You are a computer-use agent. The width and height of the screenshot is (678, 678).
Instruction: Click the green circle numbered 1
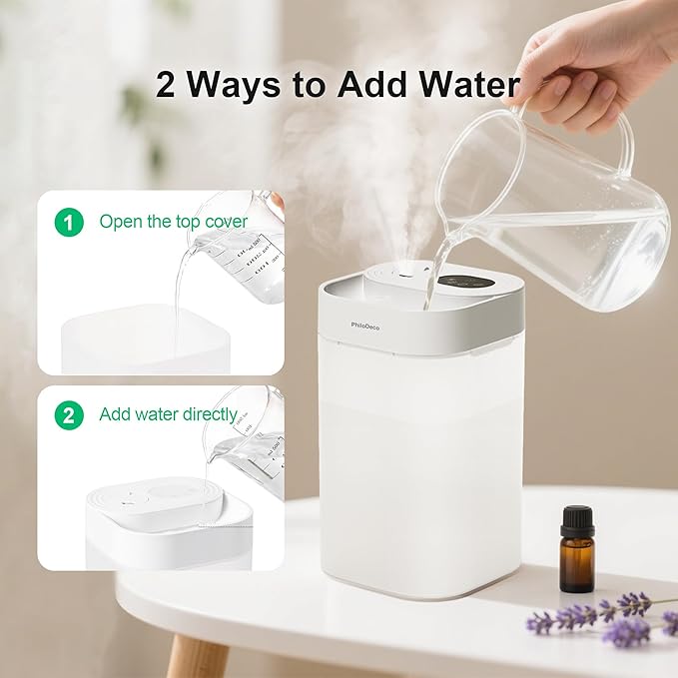coord(69,222)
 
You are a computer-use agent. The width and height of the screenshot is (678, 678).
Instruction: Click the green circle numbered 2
coord(69,415)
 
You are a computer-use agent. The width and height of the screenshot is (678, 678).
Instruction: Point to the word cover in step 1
coord(226,222)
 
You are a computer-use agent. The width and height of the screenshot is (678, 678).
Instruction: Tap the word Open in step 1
coord(120,222)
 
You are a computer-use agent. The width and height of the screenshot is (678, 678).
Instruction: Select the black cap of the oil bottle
coord(577,521)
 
